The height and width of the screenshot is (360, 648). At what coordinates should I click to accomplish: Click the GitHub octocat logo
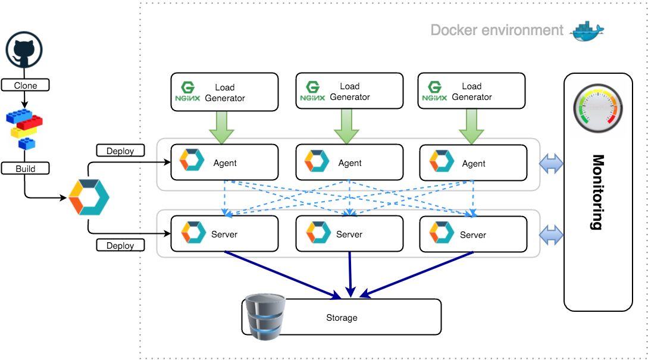point(25,52)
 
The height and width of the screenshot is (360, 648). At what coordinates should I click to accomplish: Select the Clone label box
point(25,85)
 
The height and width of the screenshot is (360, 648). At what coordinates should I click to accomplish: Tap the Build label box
point(25,168)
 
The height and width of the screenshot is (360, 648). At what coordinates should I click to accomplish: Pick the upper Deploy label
point(120,151)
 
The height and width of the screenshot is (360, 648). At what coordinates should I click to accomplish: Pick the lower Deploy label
point(120,245)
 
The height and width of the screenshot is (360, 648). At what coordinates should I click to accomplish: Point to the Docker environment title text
point(497,30)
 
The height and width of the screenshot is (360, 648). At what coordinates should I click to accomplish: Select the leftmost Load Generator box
point(224,92)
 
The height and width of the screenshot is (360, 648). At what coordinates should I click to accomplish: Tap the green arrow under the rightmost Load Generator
point(471,127)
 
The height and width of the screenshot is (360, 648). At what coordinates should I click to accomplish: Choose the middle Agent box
point(349,162)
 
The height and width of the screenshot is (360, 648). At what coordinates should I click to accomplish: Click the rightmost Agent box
point(473,163)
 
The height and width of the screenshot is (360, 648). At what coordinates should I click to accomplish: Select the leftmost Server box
point(224,234)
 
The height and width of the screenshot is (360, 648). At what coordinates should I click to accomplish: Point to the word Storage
point(342,318)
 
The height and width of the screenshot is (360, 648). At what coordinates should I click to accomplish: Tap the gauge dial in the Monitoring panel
point(597,107)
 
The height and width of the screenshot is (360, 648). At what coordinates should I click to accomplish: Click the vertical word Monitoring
point(597,192)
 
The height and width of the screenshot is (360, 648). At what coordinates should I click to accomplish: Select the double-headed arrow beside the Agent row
point(551,164)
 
